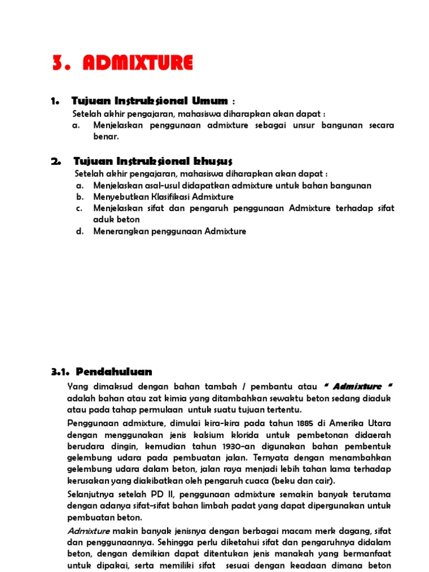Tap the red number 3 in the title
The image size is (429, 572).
point(57,63)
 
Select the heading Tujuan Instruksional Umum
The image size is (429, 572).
point(149,101)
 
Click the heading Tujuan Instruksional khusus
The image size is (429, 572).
point(152,161)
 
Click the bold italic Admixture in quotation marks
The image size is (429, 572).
point(359,387)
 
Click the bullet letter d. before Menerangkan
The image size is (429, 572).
point(79,231)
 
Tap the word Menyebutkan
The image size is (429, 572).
point(118,197)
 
